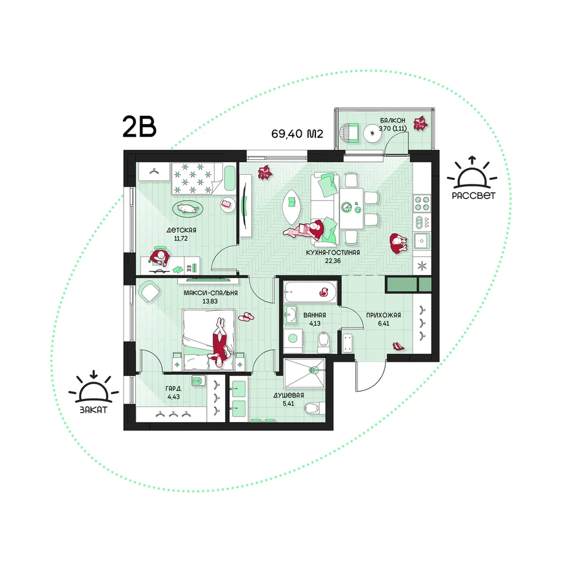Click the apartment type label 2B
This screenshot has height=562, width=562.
pos(139,126)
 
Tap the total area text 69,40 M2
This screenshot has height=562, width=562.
pos(297,134)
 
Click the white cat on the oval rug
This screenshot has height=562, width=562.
pos(188,209)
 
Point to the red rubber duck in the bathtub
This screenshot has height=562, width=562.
pos(325,292)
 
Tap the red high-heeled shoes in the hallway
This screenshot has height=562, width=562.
pos(398,346)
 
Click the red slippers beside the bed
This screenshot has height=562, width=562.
pos(246,316)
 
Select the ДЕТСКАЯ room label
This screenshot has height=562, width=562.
pos(182,230)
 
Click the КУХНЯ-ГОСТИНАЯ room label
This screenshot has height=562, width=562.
pos(333,253)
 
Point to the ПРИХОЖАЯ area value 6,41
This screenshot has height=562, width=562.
pos(383,323)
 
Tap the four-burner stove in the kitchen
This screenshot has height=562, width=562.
pos(422,203)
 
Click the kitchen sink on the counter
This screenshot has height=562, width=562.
pos(422,241)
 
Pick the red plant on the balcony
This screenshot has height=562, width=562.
pos(420,123)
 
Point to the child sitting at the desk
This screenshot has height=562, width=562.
pos(159,256)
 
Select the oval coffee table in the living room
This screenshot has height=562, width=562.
pos(291,207)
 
